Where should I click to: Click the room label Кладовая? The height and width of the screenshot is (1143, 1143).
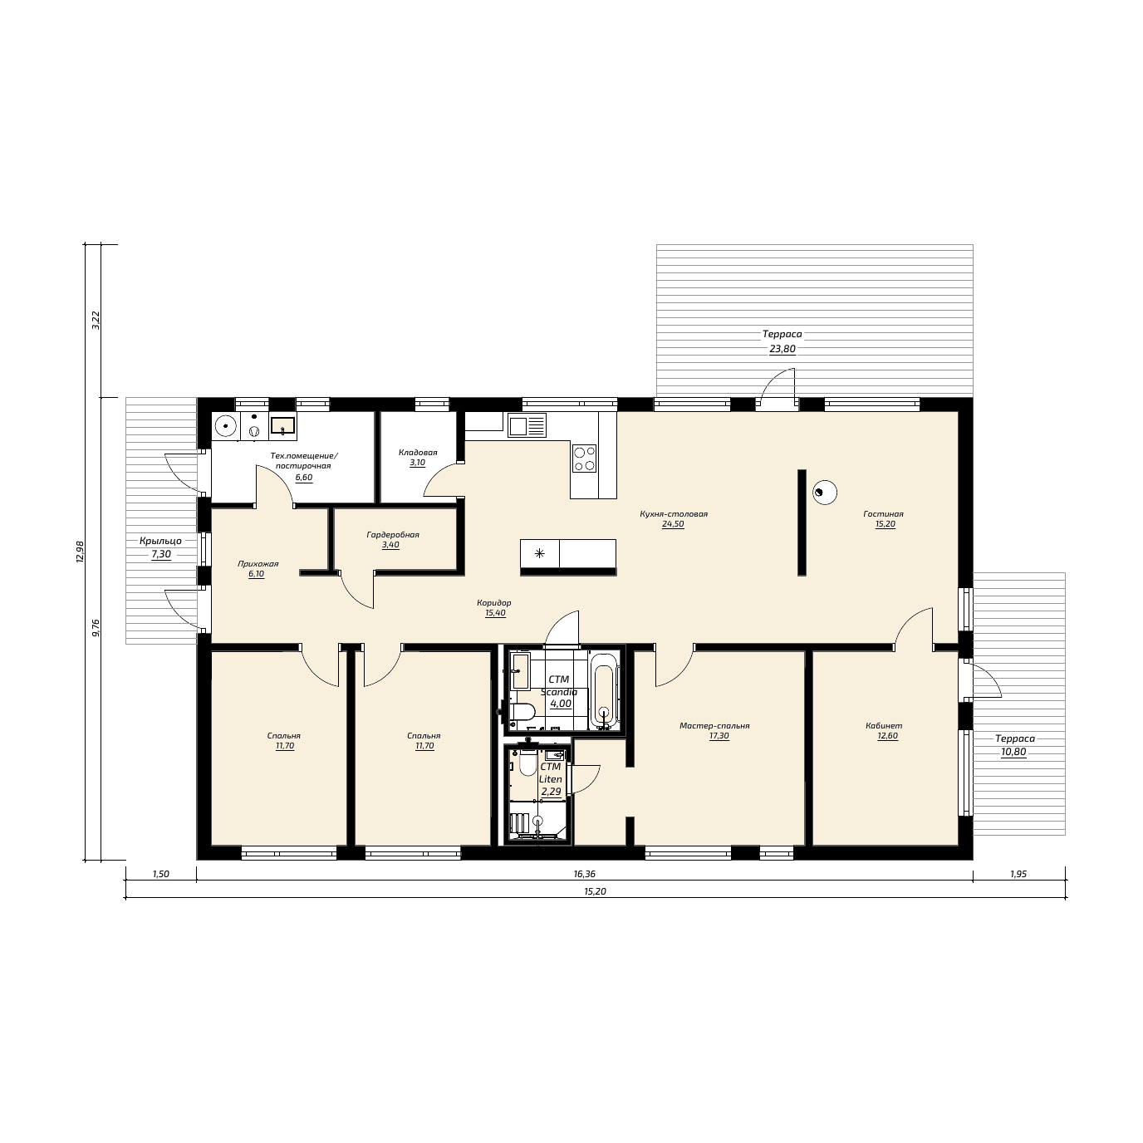coord(418,453)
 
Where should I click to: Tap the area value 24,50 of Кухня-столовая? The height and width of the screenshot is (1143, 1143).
coord(673,524)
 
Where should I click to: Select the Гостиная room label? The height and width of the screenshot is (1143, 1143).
coord(883,514)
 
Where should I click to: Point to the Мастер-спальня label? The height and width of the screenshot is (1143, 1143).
coord(714,726)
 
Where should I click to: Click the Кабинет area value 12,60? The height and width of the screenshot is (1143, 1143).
coord(887,736)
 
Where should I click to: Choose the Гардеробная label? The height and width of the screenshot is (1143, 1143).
coord(393,535)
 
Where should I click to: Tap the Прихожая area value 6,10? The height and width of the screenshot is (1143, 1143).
coord(256,574)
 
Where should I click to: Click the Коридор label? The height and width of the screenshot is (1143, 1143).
coord(494,603)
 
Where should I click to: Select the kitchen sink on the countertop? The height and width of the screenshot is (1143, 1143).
coord(527,425)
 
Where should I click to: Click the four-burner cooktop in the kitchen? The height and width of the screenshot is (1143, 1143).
coord(584,459)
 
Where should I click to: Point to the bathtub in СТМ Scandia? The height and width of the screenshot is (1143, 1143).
coord(604,691)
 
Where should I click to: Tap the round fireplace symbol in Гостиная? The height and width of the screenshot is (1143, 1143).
coord(824,493)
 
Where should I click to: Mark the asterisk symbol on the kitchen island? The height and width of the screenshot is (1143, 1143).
coord(540,553)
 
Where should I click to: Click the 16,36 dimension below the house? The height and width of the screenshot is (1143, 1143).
coord(584,875)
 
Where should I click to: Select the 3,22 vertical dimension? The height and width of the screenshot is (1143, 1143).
coord(96,321)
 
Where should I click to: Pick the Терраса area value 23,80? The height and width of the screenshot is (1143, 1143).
coord(782,350)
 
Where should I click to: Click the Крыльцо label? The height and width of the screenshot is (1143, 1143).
coord(160,541)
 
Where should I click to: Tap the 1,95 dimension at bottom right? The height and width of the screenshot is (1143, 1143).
coord(1018,875)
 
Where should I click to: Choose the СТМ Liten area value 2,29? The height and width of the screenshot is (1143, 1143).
coord(551,792)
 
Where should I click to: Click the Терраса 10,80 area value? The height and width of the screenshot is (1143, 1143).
coord(1013,753)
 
